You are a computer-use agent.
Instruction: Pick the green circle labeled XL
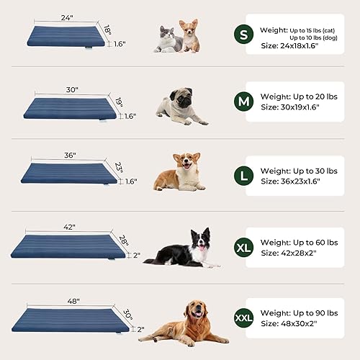(x=243, y=248)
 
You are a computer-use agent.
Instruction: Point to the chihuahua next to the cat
(x=189, y=36)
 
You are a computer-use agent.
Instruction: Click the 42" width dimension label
(x=70, y=225)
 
